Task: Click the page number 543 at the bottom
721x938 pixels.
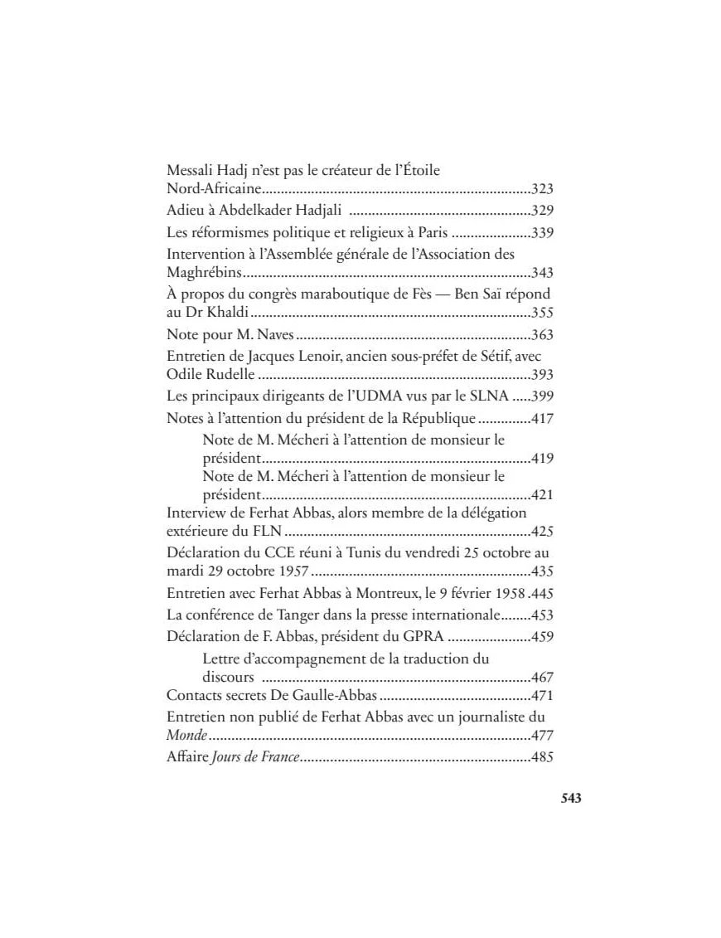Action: [x=571, y=799]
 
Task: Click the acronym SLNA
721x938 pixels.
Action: [x=486, y=396]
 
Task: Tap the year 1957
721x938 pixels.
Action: [x=292, y=572]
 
